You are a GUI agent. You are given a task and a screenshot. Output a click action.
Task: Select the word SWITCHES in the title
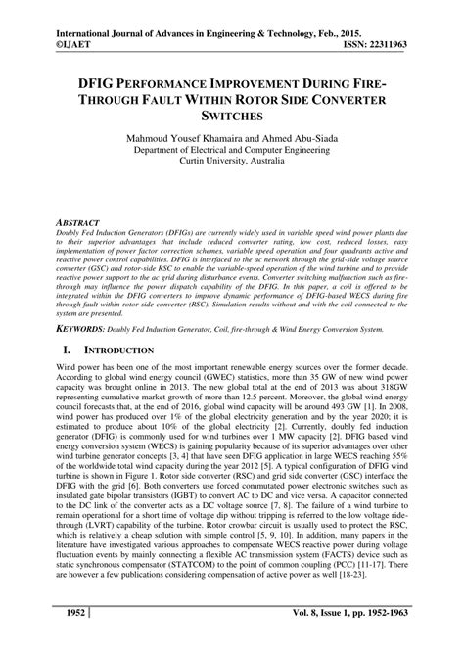tap(232, 116)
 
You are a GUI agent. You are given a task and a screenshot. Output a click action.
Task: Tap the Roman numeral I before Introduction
tap(65, 349)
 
